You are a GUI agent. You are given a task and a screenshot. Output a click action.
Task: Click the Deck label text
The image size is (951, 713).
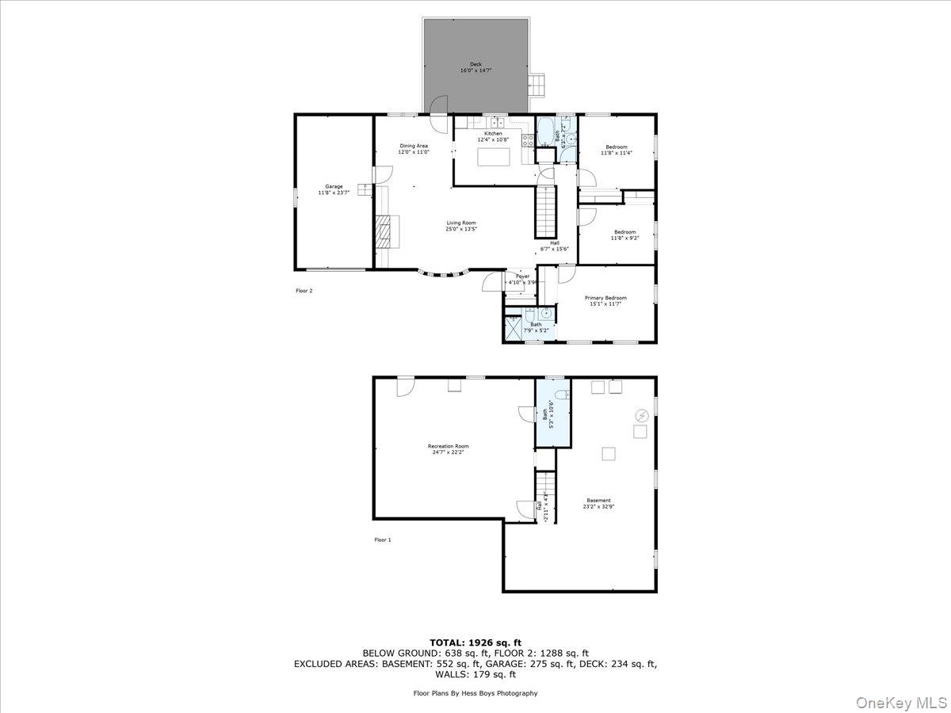(x=475, y=67)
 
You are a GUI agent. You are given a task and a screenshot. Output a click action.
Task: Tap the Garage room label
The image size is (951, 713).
(x=334, y=189)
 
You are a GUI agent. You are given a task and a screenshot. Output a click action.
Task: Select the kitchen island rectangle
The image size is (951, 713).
(x=492, y=156)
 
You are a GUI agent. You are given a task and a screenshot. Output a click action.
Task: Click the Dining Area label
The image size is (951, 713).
(x=414, y=148)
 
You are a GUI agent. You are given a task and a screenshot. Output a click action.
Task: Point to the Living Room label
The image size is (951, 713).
(x=460, y=226)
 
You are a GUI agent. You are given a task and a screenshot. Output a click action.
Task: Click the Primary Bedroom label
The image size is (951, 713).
(x=605, y=301)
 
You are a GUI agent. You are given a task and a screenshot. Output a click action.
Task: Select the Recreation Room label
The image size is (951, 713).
(x=449, y=449)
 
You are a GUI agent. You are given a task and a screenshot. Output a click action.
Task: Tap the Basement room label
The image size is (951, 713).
(x=598, y=503)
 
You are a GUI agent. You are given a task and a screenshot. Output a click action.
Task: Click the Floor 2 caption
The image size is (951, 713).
(x=304, y=291)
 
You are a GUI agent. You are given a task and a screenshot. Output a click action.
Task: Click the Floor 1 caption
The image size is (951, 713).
(x=383, y=540)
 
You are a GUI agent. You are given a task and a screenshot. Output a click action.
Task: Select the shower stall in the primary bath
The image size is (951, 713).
(x=512, y=328)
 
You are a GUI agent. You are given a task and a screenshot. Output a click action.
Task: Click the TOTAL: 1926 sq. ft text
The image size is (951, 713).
(x=475, y=642)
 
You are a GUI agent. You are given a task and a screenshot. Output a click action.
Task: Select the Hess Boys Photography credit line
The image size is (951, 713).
(x=475, y=693)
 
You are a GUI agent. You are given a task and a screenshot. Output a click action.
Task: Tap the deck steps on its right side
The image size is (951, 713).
(x=537, y=83)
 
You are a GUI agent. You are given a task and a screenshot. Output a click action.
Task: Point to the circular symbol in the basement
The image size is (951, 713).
(x=643, y=415)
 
